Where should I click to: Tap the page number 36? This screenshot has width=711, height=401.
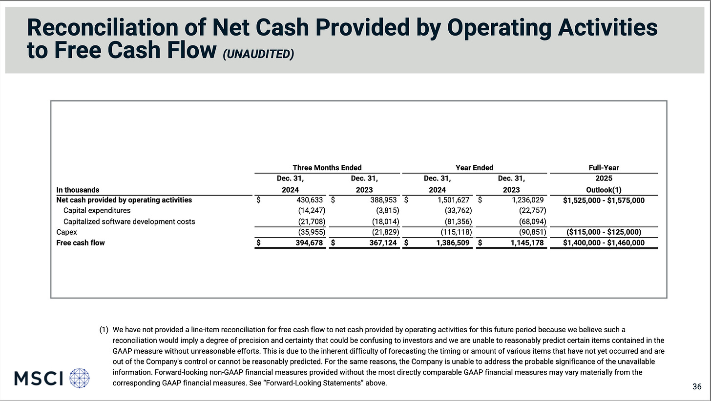[x=697, y=387]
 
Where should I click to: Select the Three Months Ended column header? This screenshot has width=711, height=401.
[x=327, y=168]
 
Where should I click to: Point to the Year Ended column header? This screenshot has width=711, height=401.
[x=474, y=168]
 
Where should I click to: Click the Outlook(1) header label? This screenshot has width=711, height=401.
[x=604, y=190]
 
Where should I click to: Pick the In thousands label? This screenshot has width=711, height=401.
[x=78, y=190]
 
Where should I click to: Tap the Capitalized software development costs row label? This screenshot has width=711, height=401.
[x=129, y=221]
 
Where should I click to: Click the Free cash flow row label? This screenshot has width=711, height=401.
[x=81, y=242]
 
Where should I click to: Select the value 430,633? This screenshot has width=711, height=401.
[x=310, y=200]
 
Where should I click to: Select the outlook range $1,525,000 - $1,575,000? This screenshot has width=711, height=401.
[x=604, y=200]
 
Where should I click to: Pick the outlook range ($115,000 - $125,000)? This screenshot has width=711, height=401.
[x=604, y=232]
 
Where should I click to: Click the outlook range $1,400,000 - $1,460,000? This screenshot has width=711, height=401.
[x=604, y=242]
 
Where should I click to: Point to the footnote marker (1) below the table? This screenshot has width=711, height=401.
[x=104, y=330]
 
